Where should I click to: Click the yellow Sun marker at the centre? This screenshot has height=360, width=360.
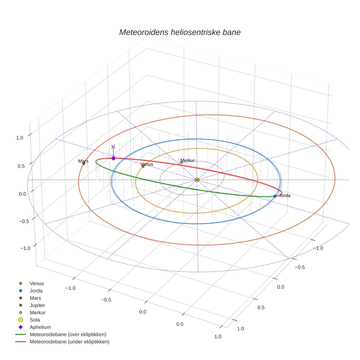click(x=197, y=180)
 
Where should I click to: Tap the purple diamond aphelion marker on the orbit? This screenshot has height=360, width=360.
click(x=113, y=158)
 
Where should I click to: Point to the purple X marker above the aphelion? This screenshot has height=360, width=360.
click(x=113, y=147)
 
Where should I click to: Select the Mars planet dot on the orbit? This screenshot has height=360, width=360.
click(x=84, y=164)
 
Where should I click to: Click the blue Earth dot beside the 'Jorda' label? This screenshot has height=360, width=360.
click(x=275, y=196)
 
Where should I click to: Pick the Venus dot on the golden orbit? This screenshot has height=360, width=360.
click(x=143, y=166)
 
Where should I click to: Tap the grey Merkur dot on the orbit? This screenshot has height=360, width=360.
click(x=181, y=163)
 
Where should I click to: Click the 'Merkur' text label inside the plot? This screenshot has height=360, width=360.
click(x=188, y=161)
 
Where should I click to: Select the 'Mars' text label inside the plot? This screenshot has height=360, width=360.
click(x=83, y=161)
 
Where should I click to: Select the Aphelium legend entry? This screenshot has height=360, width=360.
click(x=40, y=327)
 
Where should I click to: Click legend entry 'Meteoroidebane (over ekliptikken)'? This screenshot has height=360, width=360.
click(x=68, y=334)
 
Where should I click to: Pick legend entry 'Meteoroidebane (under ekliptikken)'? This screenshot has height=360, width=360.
click(x=69, y=342)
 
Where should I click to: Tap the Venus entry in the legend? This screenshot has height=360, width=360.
click(x=37, y=283)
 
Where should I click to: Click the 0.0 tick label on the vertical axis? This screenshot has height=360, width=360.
click(x=22, y=194)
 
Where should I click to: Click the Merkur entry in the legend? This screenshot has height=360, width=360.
click(x=38, y=312)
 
